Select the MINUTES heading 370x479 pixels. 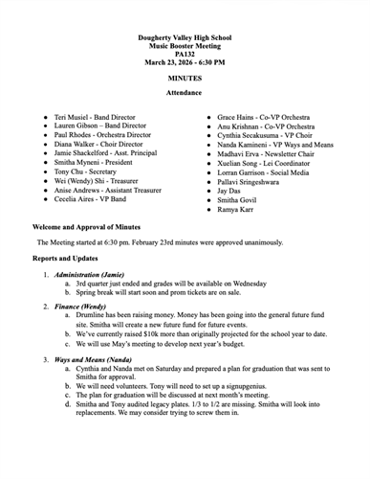[185, 77]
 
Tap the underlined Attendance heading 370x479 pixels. [185, 92]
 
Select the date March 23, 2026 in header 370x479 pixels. [162, 61]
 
